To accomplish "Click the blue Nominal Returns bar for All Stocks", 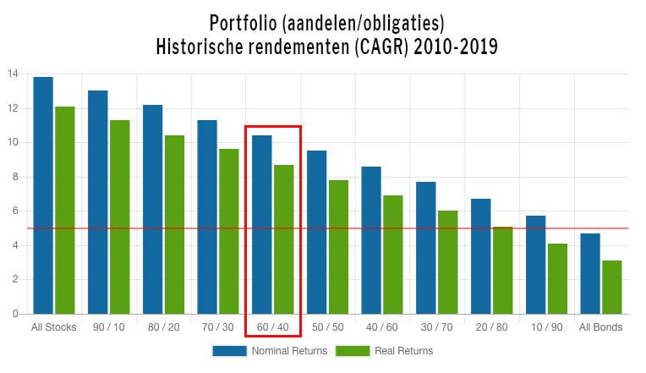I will (x=43, y=195).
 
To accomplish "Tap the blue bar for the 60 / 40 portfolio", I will (x=261, y=224).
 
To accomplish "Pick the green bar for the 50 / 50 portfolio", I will (x=338, y=246).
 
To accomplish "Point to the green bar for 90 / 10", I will (x=119, y=217).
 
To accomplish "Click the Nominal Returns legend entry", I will (x=270, y=350).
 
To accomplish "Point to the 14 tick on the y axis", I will (x=13, y=74).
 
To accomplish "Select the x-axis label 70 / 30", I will (x=217, y=327).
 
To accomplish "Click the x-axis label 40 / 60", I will (x=381, y=327).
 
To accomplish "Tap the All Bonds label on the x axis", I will (x=600, y=327).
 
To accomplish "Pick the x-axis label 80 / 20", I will (x=163, y=327).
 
